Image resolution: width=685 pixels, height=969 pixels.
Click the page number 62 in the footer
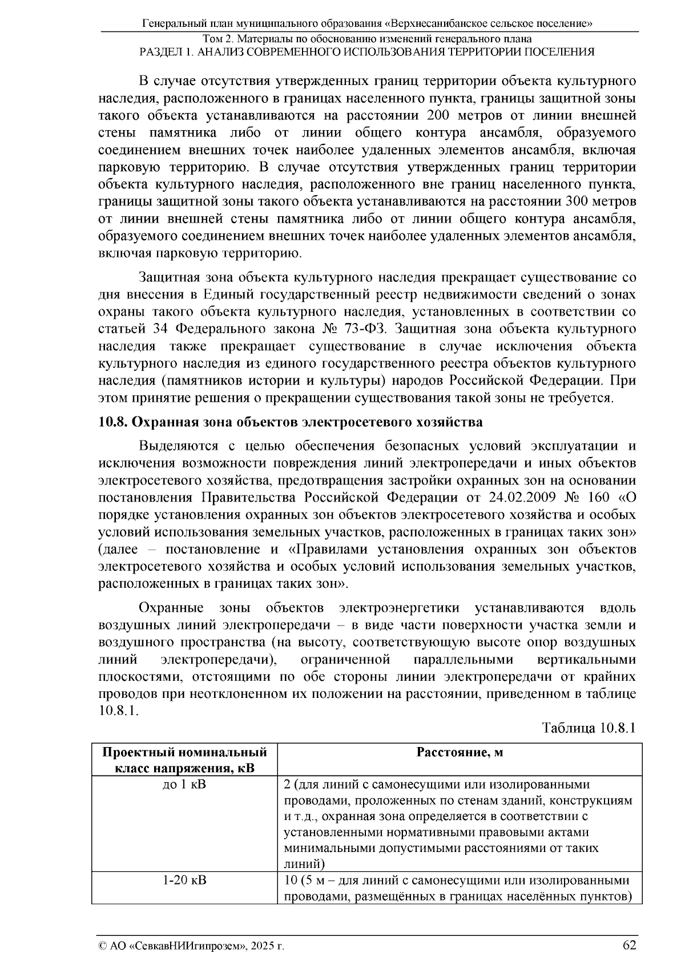pos(629,944)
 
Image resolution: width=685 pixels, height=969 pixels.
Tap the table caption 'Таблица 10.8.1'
pos(589,729)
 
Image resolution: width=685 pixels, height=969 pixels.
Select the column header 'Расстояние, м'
pos(460,753)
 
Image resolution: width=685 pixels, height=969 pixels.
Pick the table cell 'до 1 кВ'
pos(184,785)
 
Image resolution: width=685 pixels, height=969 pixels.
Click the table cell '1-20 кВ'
pos(184,881)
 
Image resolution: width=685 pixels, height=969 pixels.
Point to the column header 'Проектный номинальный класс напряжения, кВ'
pos(184,760)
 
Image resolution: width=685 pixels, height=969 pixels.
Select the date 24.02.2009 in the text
pos(523,497)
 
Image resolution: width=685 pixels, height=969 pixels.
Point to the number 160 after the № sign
pos(598,497)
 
